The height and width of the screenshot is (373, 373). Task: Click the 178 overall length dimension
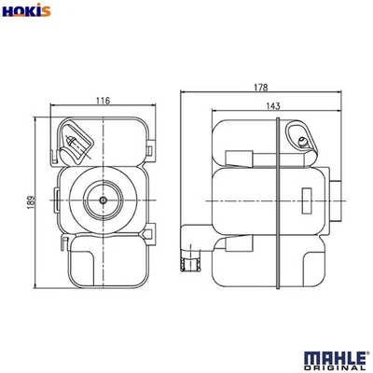click(272, 87)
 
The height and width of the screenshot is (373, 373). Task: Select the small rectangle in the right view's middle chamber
click(305, 198)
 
